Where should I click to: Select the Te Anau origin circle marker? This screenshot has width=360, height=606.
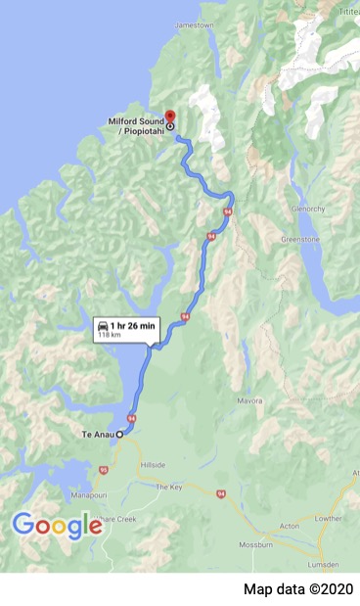coord(120,434)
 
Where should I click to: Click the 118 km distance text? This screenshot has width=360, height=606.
coord(108,335)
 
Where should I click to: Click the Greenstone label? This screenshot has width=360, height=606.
coord(301,238)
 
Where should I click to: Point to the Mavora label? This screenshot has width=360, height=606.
coord(250,401)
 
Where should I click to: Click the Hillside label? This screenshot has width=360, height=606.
coord(154,465)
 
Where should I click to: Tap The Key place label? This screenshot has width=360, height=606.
coord(169,487)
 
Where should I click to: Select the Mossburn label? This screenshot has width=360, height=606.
coord(258,542)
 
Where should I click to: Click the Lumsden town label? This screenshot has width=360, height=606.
coord(333,566)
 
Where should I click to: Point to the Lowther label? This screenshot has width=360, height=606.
coord(327,519)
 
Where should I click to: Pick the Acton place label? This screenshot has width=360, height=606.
coord(290,525)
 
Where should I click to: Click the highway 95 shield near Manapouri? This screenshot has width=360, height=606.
coord(103,470)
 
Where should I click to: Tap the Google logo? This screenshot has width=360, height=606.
coord(57,526)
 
